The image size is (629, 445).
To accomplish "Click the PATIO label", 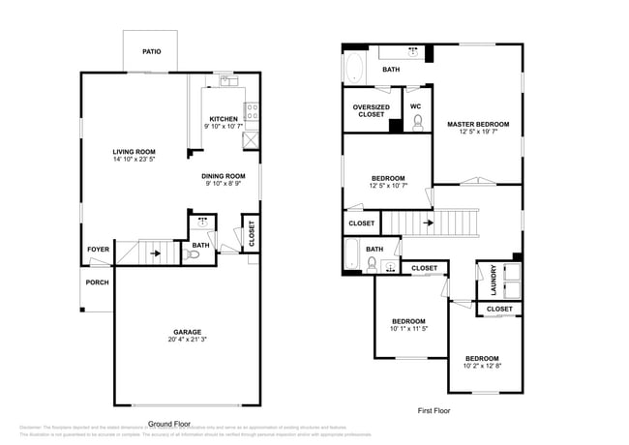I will point(152,51).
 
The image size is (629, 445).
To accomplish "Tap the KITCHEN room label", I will point(224,119).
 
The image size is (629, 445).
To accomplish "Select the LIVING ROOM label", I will point(134,152).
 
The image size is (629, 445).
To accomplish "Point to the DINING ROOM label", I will point(224,176).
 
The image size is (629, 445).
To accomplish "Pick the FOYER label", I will point(98,250).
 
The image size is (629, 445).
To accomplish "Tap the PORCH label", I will point(98,282).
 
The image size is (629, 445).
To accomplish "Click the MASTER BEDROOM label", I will point(477,124).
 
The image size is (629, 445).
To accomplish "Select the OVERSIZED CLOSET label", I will point(372,111).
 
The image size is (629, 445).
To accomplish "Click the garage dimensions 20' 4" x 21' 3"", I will point(187,340).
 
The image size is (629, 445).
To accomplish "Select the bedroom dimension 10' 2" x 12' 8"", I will point(482,366).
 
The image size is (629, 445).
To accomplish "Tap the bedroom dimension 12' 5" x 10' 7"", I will point(388,186).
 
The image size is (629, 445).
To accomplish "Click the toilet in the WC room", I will point(418,122).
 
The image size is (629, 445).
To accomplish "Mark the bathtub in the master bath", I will point(354,69).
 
